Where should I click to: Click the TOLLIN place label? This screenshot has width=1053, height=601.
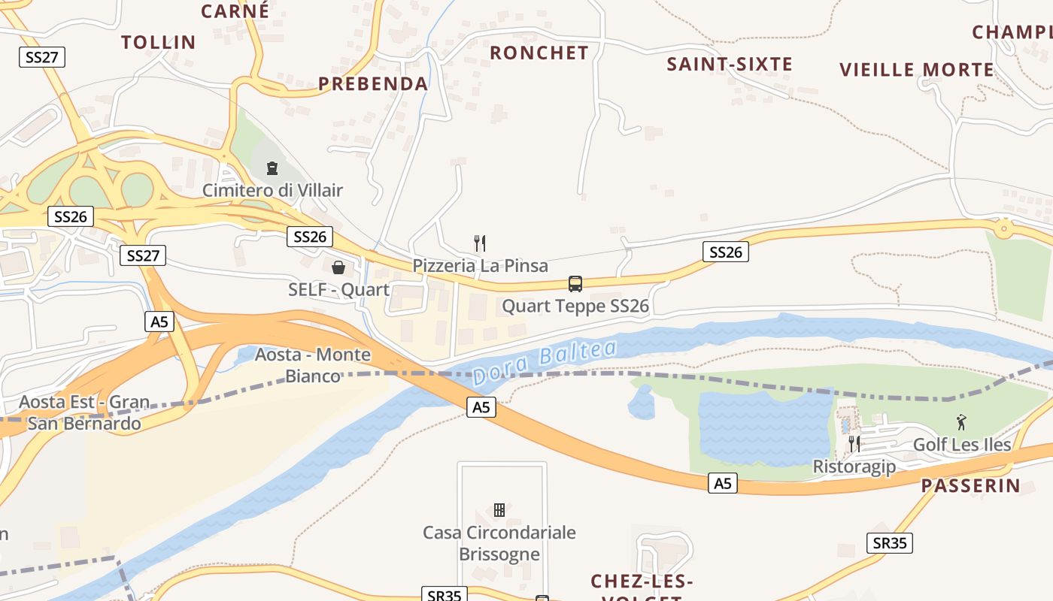click(159, 42)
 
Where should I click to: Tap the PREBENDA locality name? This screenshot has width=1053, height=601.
click(373, 83)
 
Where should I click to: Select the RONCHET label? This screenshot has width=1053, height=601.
click(539, 53)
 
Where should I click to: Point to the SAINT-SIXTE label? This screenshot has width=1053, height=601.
click(730, 65)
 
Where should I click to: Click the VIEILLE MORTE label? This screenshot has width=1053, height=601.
click(917, 70)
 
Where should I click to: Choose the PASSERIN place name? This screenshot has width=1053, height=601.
click(971, 485)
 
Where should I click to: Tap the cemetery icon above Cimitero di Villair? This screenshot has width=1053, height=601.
click(272, 168)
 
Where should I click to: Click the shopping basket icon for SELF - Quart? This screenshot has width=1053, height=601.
click(338, 267)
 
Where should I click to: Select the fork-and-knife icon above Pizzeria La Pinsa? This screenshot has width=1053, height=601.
click(480, 243)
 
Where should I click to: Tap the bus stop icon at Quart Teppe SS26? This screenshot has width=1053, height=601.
click(575, 284)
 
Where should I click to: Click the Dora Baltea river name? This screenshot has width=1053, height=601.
click(545, 362)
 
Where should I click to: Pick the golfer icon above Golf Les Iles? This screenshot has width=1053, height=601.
click(961, 422)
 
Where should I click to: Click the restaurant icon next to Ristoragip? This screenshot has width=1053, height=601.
click(854, 444)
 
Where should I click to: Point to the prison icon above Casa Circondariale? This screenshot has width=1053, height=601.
click(499, 510)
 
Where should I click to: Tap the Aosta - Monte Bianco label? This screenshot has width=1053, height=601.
click(313, 365)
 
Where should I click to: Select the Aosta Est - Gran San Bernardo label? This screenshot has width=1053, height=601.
click(84, 412)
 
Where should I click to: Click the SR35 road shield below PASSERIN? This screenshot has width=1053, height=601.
click(890, 542)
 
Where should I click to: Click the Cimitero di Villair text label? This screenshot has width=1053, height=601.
click(272, 190)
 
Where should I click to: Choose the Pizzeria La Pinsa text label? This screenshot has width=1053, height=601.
click(480, 265)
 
